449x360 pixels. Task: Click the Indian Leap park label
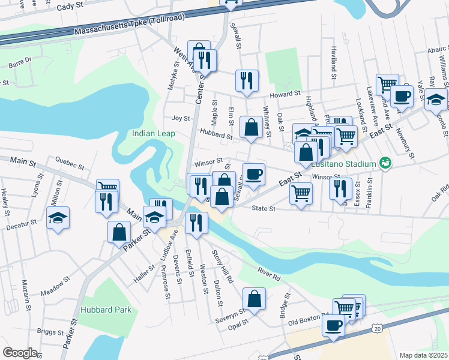pyautogui.click(x=154, y=133)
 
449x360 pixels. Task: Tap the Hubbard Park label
pyautogui.click(x=105, y=310)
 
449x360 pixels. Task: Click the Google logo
pyautogui.click(x=20, y=353)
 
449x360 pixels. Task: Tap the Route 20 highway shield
pyautogui.click(x=376, y=329)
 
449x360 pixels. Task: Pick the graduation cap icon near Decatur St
pyautogui.click(x=58, y=218)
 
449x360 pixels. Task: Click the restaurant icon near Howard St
pyautogui.click(x=247, y=80)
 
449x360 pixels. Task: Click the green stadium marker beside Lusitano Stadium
pyautogui.click(x=385, y=163)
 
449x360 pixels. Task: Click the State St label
pyautogui.click(x=263, y=209)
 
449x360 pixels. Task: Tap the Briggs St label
pyautogui.click(x=50, y=332)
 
